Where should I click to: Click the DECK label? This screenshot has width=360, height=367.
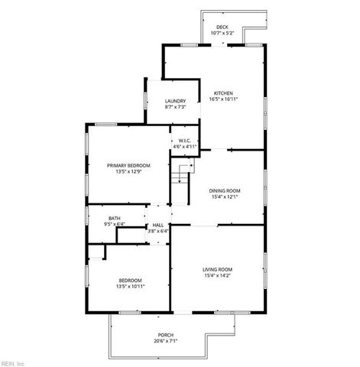[x=222, y=27]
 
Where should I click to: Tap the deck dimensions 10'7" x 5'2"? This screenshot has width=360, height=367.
[x=222, y=33]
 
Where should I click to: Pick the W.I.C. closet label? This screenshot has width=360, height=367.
[x=184, y=140]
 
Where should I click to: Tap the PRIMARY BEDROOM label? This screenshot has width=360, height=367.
[x=128, y=165]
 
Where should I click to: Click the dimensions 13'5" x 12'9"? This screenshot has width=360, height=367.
[x=128, y=171]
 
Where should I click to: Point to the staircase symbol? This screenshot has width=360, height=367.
[x=180, y=177]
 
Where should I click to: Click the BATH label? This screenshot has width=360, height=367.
[x=114, y=219]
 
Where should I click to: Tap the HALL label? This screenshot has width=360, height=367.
[x=158, y=224]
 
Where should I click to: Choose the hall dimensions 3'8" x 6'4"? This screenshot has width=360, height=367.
[x=158, y=230]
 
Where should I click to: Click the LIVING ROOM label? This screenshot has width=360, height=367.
[x=218, y=269]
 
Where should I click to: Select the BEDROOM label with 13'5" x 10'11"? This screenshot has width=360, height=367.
[x=128, y=279]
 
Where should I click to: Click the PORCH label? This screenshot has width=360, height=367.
[x=166, y=335]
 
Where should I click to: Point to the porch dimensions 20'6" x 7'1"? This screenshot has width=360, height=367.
[x=166, y=341]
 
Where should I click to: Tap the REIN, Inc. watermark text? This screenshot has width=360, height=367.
[x=13, y=362]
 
